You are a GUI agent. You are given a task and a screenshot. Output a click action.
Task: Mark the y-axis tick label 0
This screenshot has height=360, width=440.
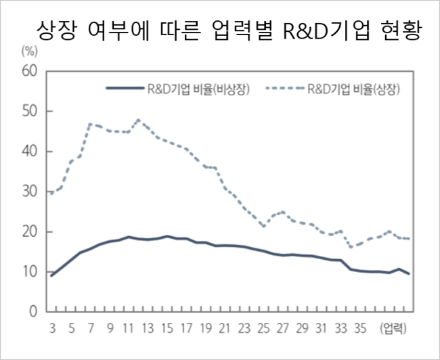click(32, 313)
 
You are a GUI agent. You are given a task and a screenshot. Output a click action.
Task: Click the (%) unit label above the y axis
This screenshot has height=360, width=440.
click(29, 51)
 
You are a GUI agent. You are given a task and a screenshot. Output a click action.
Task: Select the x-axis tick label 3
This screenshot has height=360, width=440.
click(51, 329)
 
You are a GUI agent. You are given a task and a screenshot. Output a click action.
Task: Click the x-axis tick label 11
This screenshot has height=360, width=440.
click(129, 329)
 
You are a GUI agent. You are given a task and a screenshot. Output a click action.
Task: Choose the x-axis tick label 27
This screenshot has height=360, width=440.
click(282, 329)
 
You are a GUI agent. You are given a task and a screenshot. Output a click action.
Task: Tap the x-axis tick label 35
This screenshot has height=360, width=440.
click(359, 329)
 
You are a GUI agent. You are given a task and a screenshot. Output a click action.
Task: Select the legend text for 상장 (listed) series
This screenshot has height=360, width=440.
click(352, 89)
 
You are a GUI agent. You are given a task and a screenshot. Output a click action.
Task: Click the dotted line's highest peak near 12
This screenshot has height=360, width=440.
click(138, 120)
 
